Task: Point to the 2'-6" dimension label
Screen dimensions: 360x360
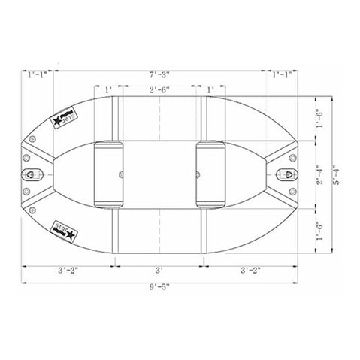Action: [x=159, y=90]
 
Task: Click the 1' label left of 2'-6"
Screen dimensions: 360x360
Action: [x=108, y=90]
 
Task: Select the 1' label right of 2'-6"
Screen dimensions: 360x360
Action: [x=210, y=90]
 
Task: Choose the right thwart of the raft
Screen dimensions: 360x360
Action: [x=210, y=174]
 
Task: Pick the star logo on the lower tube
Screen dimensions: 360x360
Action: [x=62, y=227]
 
